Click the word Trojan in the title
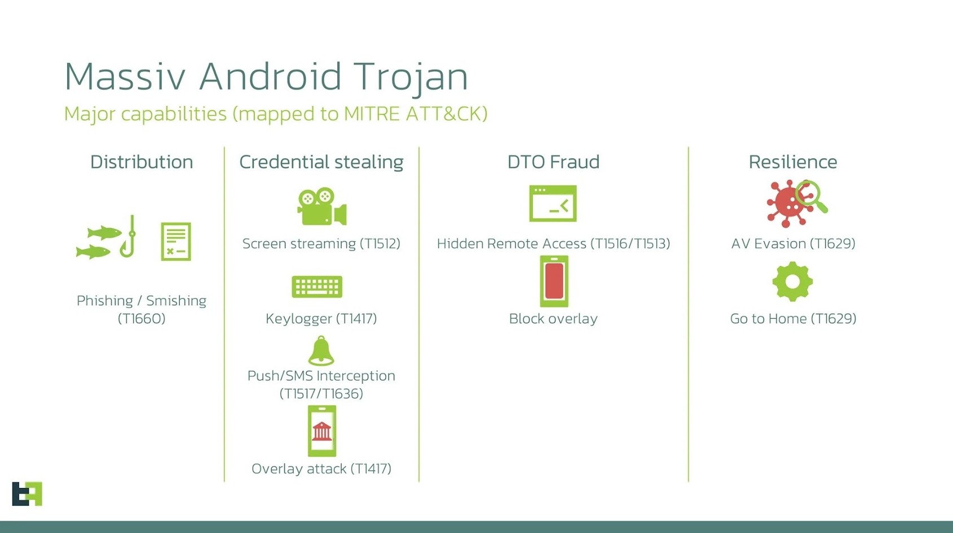coord(411,77)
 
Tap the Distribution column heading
coord(142,162)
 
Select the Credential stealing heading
coord(321,162)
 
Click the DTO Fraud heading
coord(553,162)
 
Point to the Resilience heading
coord(793,162)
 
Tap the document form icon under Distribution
coord(176,241)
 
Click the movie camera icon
coord(321,206)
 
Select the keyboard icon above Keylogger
coord(317,286)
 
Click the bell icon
coord(321,350)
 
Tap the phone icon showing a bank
coord(321,431)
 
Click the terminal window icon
coord(553,203)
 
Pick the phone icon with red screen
coord(554,281)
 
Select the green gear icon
coord(793,281)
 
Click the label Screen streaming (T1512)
coord(321,244)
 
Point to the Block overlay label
coord(553,318)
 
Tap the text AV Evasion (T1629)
coord(793,244)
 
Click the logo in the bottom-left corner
coord(27,494)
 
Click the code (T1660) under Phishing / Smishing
coord(142,318)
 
